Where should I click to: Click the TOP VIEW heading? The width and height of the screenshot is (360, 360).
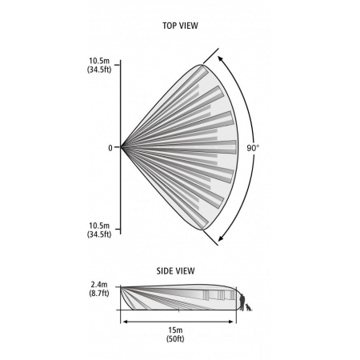coord(180,26)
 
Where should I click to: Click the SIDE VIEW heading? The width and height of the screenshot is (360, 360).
coord(175,271)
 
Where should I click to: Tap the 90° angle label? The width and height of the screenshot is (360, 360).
coord(253,148)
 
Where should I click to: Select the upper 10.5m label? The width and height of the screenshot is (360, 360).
coord(99,61)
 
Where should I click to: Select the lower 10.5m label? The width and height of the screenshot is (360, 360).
coord(99,226)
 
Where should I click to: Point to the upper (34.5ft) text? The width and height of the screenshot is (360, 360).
coord(99,70)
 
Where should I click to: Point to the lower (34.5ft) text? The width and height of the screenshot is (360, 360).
coord(99,234)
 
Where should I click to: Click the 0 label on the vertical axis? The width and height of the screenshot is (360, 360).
coord(110,148)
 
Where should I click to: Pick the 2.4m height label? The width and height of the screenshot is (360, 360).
coord(99,285)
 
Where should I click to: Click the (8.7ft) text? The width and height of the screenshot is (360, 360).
coord(99,294)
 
